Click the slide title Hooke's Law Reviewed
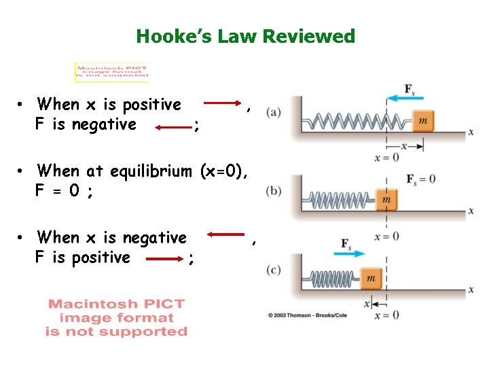[x=245, y=36]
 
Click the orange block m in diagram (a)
[x=423, y=121]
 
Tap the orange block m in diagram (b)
[x=386, y=200]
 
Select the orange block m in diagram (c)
[x=370, y=278]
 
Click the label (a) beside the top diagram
[x=274, y=111]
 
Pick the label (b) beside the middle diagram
[x=274, y=191]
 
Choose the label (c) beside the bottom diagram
[x=274, y=270]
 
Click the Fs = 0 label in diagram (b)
[x=420, y=179]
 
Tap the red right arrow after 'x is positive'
[x=223, y=104]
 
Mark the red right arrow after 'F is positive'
[x=163, y=259]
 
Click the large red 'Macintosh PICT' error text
[x=116, y=317]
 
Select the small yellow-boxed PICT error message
[x=112, y=73]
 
